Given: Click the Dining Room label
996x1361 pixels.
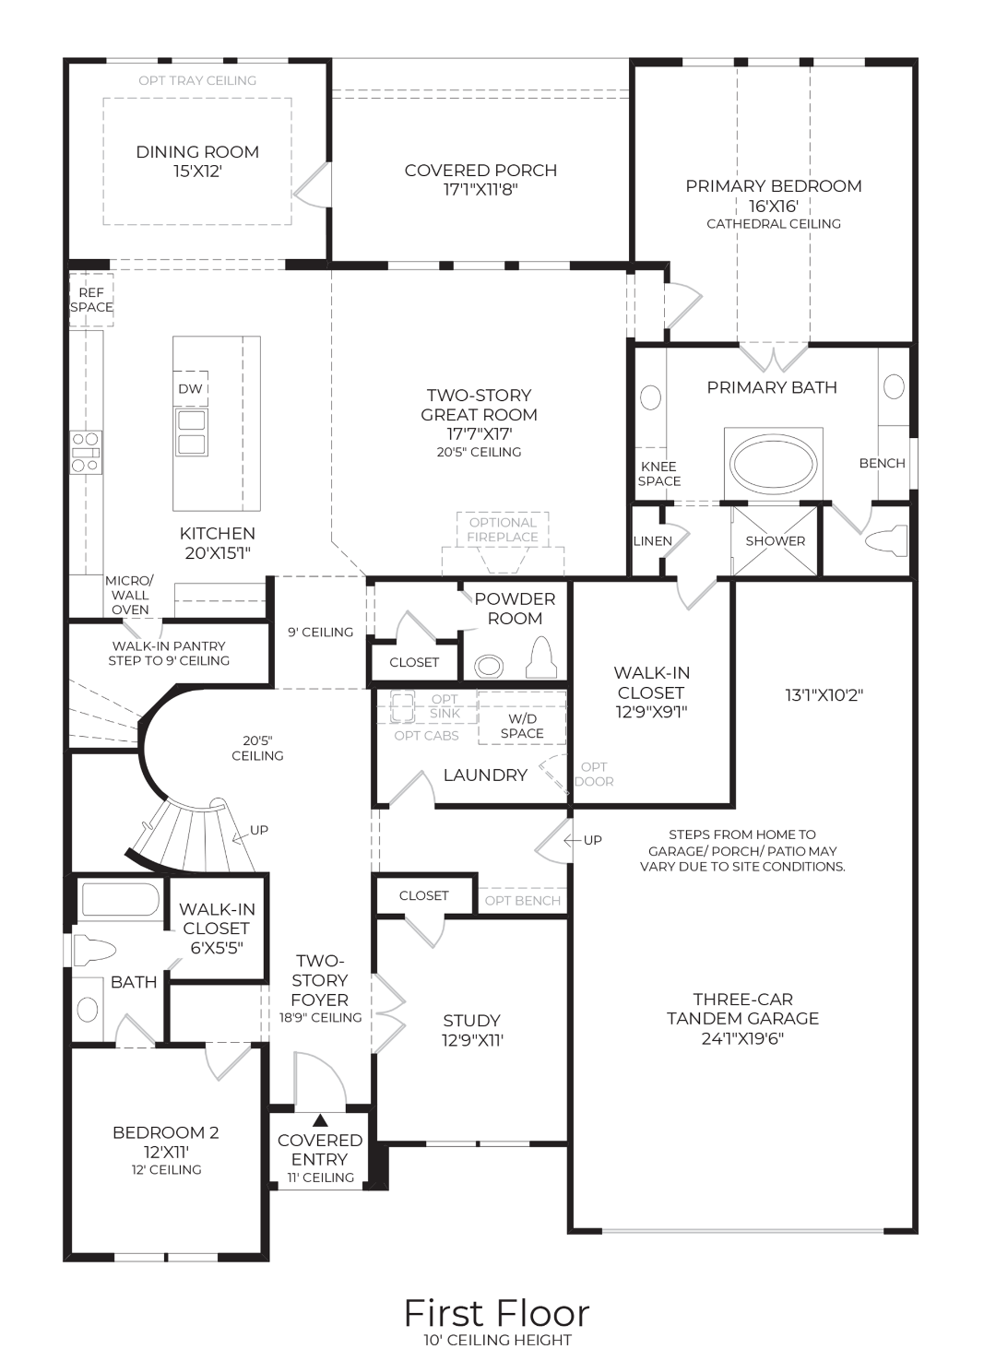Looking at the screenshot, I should (x=197, y=152).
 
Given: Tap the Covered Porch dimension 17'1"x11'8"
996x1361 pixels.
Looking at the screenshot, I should (x=480, y=190).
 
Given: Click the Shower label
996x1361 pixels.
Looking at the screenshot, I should (x=775, y=541).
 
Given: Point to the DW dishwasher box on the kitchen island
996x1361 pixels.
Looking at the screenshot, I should (x=190, y=388).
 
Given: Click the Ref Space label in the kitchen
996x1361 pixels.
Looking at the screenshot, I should (x=91, y=300).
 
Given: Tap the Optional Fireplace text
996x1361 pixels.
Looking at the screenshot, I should (x=503, y=529).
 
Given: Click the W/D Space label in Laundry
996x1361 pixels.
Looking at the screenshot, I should (x=522, y=726).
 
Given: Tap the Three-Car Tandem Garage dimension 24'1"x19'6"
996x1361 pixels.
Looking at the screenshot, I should (x=742, y=1039).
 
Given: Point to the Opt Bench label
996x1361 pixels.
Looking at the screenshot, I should (x=522, y=901).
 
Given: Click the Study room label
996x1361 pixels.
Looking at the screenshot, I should (x=471, y=1021).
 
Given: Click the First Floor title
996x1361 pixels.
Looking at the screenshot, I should (x=496, y=1313).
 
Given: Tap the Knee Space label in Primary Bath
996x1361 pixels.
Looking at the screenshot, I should (x=658, y=474).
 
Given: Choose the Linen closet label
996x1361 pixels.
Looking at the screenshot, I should (x=652, y=541).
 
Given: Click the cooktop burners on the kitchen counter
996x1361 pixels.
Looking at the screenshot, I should (x=86, y=452).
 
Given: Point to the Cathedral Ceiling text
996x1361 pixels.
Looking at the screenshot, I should (x=773, y=224).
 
